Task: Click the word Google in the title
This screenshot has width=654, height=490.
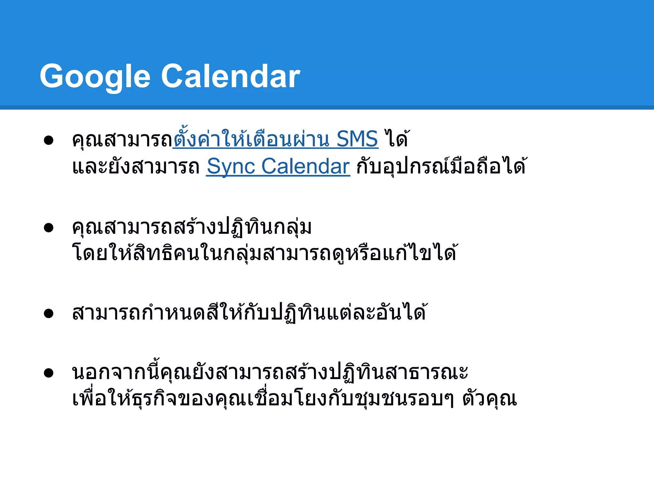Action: [95, 77]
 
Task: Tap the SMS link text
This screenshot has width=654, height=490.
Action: [357, 139]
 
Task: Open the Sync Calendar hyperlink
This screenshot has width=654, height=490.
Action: [278, 166]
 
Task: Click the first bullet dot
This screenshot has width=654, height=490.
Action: [49, 140]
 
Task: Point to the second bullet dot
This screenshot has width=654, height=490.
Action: [49, 228]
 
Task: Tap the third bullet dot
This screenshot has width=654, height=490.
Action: [49, 313]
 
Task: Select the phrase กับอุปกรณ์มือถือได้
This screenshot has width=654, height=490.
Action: [441, 166]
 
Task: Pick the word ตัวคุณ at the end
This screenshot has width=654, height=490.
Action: [490, 399]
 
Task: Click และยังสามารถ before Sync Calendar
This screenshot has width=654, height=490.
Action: [136, 166]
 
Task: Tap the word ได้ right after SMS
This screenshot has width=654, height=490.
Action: [396, 139]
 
